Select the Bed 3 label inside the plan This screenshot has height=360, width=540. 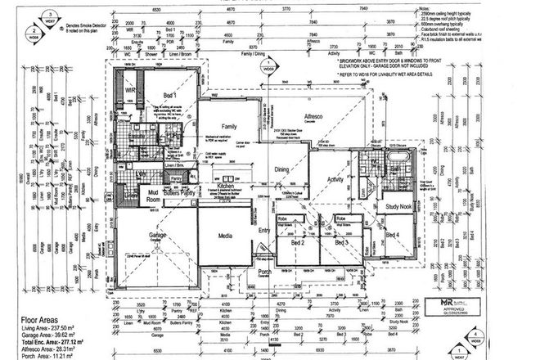click(x=340, y=243)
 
